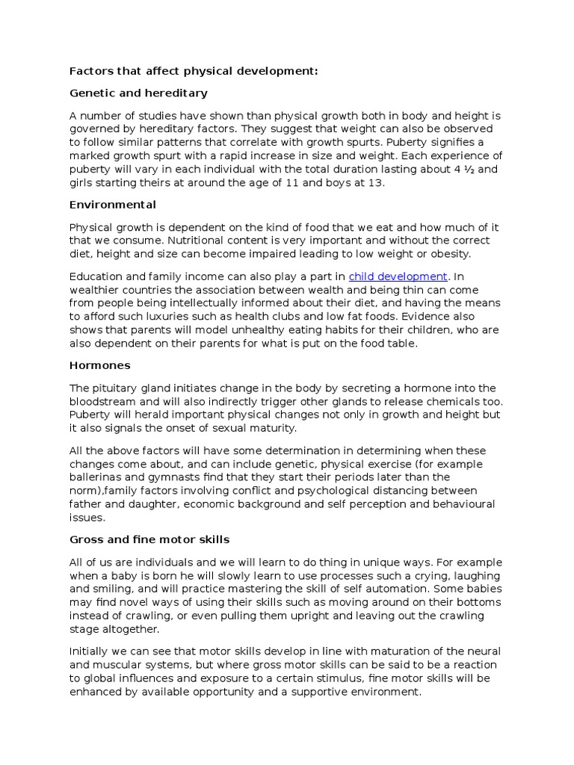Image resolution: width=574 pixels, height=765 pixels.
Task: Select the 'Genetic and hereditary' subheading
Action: click(x=138, y=93)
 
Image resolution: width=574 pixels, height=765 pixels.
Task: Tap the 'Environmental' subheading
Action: click(x=113, y=203)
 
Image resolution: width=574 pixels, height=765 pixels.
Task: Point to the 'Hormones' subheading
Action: click(x=100, y=365)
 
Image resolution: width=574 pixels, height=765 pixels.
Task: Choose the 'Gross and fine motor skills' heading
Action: click(x=149, y=539)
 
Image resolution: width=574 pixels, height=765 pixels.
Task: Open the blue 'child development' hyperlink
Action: click(x=398, y=276)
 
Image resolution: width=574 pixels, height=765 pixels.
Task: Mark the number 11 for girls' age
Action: click(x=282, y=183)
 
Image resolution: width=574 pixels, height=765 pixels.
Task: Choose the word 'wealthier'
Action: click(x=99, y=290)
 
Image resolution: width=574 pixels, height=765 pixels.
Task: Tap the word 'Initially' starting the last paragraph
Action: click(x=93, y=651)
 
